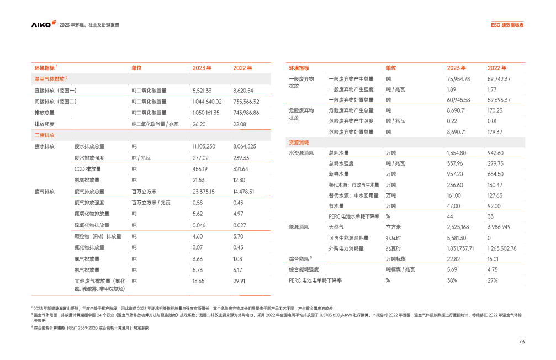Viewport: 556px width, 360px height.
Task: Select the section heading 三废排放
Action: (45, 135)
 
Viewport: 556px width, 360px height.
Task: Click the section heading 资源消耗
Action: (298, 142)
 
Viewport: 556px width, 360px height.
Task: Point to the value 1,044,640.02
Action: (207, 102)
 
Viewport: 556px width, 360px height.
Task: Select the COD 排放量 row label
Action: (88, 169)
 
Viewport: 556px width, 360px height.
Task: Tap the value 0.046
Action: (199, 225)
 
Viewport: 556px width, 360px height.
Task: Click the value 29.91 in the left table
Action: (239, 281)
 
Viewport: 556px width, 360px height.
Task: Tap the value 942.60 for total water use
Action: (495, 153)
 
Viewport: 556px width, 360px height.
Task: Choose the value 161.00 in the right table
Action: (454, 195)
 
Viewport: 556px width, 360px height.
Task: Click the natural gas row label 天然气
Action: (335, 227)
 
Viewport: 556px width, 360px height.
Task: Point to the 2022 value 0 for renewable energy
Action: (489, 237)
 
